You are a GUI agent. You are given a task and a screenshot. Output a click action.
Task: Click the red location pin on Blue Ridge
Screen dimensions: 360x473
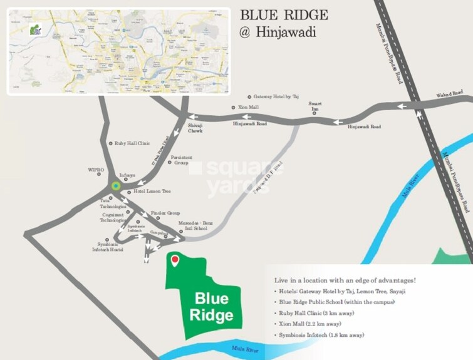175,260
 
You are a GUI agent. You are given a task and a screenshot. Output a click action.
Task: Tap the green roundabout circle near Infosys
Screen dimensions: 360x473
115,186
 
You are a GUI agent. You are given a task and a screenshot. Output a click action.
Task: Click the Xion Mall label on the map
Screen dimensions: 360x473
248,108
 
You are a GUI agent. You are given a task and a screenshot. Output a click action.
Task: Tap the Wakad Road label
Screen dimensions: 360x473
449,95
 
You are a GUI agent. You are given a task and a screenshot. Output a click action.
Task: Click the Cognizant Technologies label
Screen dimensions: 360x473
113,217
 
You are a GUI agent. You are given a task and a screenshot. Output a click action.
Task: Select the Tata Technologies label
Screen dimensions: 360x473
113,203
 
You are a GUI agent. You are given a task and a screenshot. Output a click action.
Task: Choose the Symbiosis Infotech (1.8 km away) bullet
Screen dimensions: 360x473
320,336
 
